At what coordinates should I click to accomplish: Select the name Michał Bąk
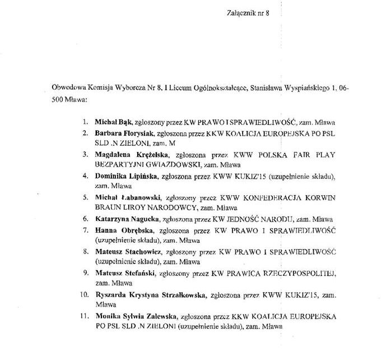[x=111, y=122]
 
